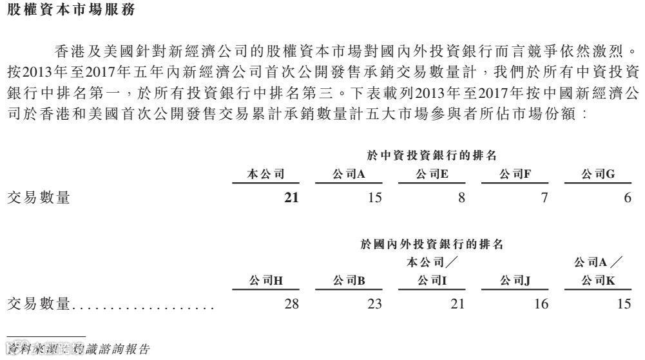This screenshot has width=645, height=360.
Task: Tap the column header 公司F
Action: click(x=514, y=174)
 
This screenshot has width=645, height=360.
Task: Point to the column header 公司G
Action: click(x=597, y=174)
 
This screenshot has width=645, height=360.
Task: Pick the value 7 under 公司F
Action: click(x=544, y=198)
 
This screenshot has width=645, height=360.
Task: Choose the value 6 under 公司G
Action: click(x=628, y=198)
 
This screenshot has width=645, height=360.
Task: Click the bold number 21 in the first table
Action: click(x=291, y=198)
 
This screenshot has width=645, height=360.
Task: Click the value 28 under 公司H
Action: click(x=291, y=304)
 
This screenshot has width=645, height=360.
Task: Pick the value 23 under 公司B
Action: click(x=374, y=304)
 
